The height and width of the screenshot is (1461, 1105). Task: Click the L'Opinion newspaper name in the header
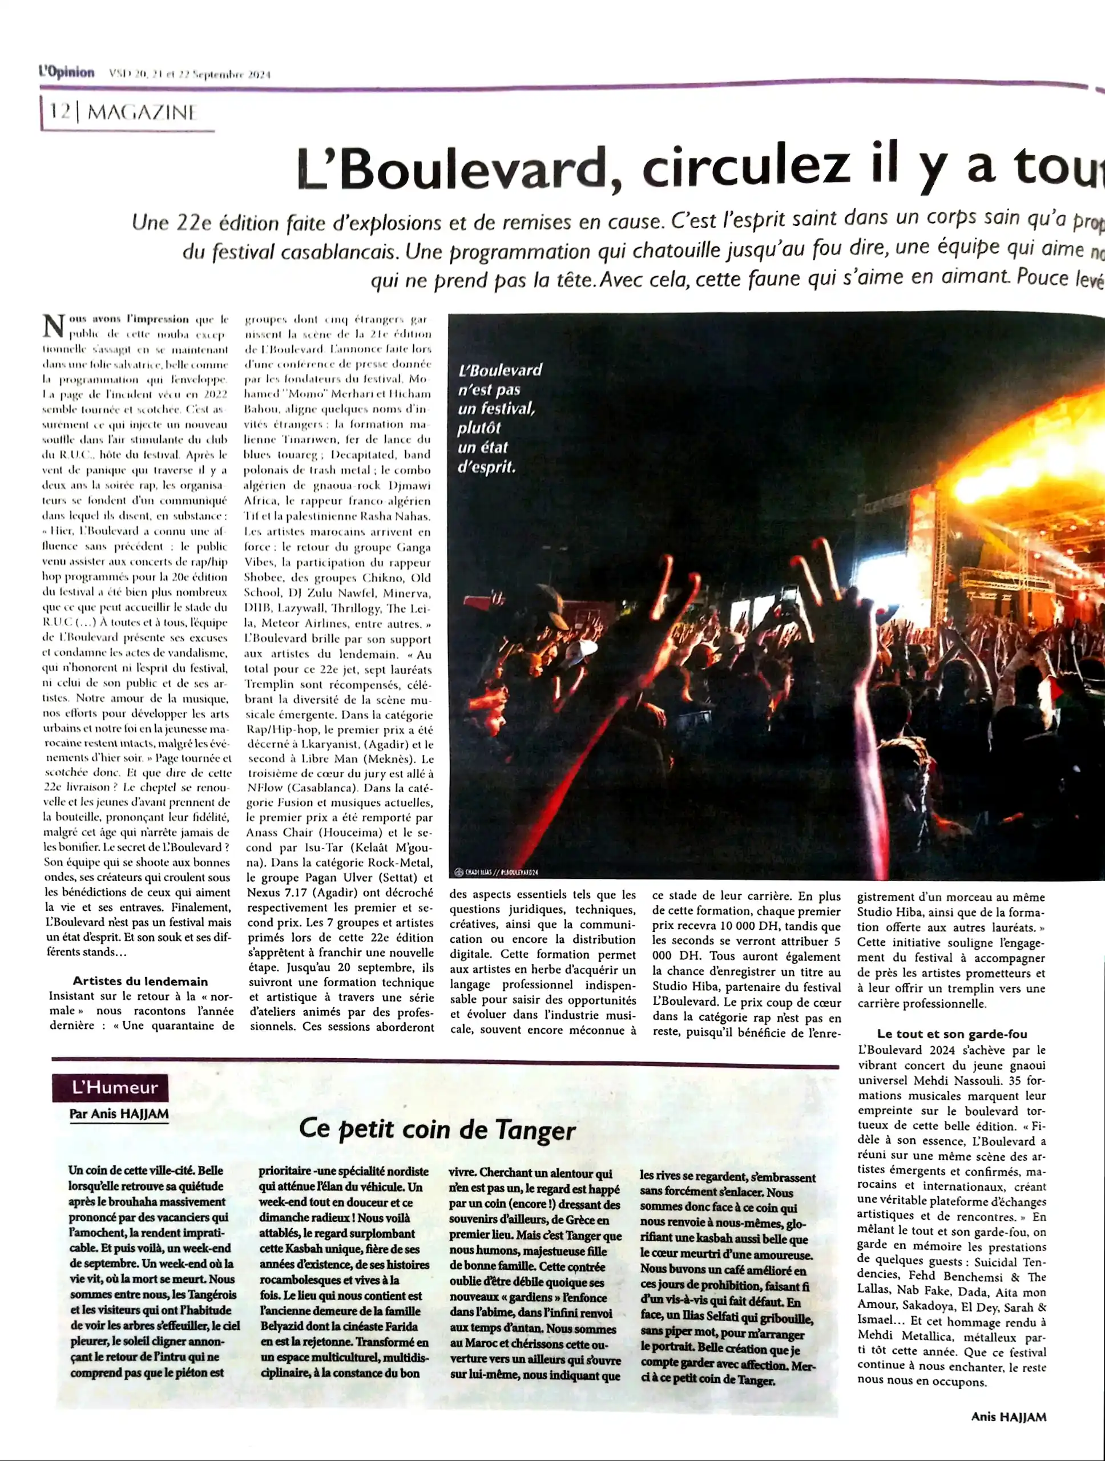(66, 72)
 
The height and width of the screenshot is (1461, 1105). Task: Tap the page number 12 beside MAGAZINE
(59, 111)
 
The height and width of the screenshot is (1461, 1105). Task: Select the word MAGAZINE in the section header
(142, 112)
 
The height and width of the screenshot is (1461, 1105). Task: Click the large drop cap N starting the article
(54, 326)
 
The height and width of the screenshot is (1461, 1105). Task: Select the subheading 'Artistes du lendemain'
(140, 981)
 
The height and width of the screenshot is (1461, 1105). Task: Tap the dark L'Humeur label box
(110, 1088)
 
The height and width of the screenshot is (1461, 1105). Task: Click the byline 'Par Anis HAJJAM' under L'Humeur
(119, 1113)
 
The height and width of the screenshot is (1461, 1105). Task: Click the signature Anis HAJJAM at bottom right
(1008, 1416)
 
